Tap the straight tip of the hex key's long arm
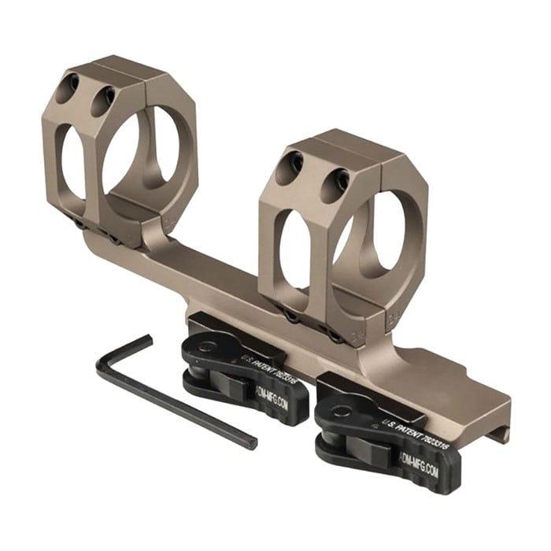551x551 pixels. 250,442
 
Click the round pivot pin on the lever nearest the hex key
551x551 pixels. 207,346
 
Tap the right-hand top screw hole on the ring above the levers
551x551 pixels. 338,177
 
